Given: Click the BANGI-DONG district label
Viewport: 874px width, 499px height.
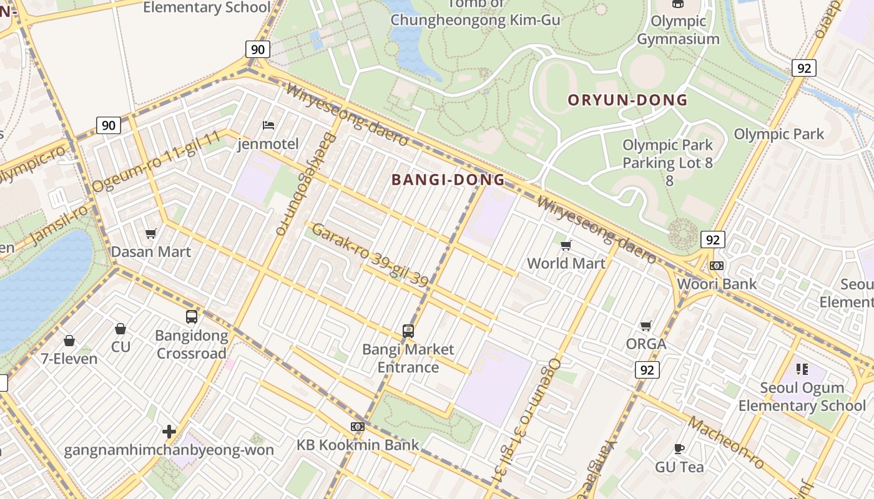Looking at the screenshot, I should click(x=448, y=180).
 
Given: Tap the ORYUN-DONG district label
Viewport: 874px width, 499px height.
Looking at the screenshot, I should click(x=627, y=100).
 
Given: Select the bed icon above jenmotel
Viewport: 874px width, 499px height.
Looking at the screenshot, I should click(x=268, y=125).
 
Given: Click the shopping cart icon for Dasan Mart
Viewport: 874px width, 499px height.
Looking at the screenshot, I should click(x=150, y=234).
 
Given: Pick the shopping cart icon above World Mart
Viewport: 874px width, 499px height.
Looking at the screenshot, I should click(x=566, y=245).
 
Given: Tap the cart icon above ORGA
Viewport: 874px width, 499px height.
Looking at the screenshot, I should click(x=646, y=326).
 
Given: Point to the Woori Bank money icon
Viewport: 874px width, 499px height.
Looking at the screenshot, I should click(x=717, y=266).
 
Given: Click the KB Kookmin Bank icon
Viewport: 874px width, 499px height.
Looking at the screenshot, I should click(x=357, y=427).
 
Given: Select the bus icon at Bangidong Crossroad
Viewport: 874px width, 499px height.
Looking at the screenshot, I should click(x=191, y=317).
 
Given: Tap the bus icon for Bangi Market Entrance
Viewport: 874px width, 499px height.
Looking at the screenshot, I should click(x=408, y=331).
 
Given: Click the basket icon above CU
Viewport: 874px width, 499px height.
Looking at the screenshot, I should click(x=120, y=328).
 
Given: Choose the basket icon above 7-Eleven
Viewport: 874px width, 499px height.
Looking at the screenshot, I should click(x=69, y=341).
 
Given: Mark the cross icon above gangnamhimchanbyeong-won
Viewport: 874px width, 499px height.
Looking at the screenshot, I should click(x=169, y=431).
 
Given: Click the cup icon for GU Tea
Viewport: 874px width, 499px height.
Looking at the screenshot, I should click(x=679, y=448).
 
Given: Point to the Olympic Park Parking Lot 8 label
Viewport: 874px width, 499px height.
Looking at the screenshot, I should click(x=667, y=162).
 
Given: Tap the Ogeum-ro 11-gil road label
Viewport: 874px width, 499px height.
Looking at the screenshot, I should click(x=156, y=162).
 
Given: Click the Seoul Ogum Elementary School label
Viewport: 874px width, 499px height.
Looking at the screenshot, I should click(x=802, y=397).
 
